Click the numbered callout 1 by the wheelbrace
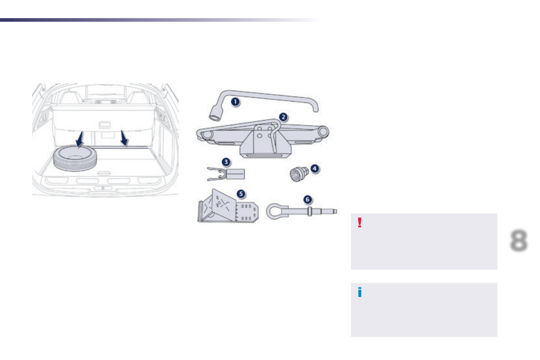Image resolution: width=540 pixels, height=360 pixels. tap(235, 102)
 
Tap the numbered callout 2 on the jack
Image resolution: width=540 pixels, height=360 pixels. tap(283, 117)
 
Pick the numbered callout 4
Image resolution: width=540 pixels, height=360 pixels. tap(314, 168)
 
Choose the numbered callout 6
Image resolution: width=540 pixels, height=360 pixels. tap(308, 199)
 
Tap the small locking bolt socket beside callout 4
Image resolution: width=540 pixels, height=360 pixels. tap(297, 175)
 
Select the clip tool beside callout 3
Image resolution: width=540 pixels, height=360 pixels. tap(226, 174)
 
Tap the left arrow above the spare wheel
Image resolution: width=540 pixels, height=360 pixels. tap(80, 139)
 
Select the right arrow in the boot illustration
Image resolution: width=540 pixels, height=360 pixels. tap(124, 139)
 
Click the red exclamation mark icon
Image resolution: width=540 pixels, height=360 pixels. tap(360, 223)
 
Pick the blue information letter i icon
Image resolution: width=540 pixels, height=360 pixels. tap(360, 292)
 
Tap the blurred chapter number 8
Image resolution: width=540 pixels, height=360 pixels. tap(518, 241)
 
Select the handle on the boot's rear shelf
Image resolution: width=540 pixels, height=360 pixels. tap(105, 124)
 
